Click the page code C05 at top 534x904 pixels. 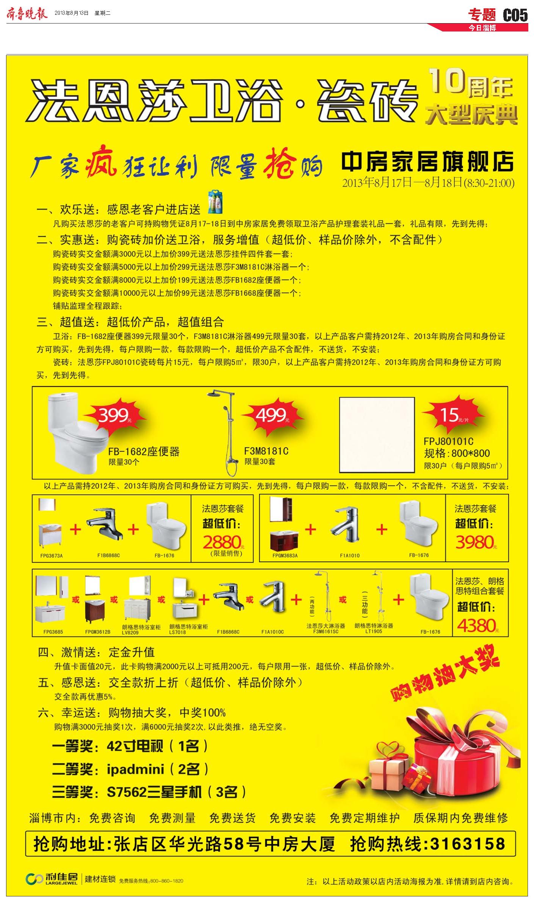pos(515,15)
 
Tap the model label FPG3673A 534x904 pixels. pos(51,556)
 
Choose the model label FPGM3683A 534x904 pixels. pos(285,556)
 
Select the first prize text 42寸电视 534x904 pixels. pos(135,747)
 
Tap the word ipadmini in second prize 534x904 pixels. pos(135,769)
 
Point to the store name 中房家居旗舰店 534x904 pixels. pos(428,162)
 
